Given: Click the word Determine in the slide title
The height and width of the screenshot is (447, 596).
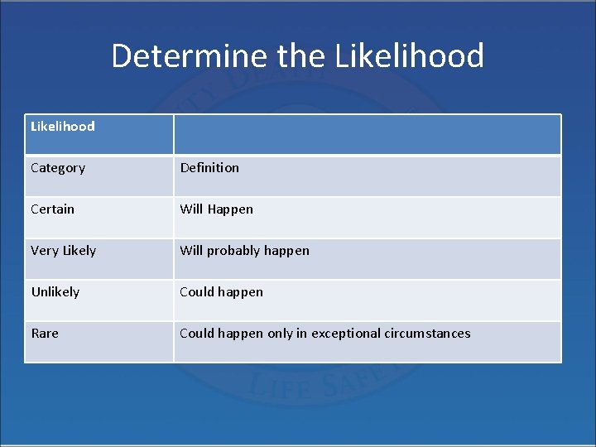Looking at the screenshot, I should point(190,56).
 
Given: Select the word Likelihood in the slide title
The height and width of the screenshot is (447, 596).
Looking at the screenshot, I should point(410,56).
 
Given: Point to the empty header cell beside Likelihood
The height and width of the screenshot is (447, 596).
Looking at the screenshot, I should point(367,134).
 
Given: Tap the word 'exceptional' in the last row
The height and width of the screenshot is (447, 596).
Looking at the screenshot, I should point(345,334).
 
